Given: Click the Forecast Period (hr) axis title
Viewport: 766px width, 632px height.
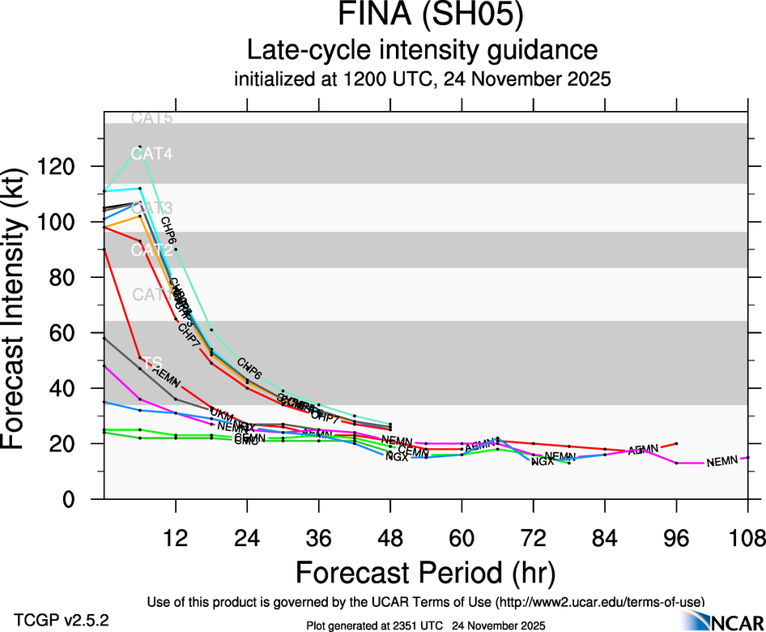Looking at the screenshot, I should point(425,571).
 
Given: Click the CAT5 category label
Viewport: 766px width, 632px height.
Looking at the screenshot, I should point(151,118).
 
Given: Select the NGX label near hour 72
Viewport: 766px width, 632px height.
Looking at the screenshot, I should point(543,461).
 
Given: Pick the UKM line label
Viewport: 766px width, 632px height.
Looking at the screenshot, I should point(221,415).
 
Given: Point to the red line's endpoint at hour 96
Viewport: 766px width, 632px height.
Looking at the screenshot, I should point(676,444).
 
